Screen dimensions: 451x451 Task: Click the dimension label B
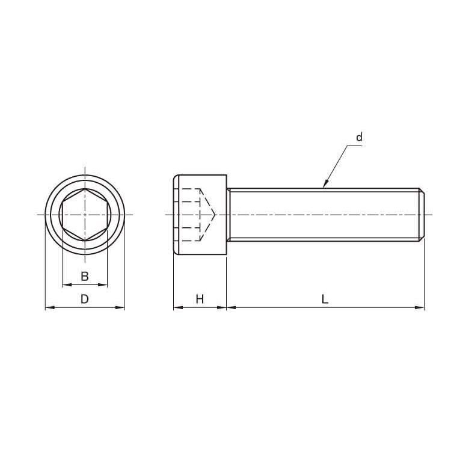point(85,276)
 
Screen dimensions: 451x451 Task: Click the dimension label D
point(84,299)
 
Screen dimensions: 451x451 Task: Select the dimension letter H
point(200,299)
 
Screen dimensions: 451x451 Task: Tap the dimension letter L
point(325,299)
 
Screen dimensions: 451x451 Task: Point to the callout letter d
point(359,137)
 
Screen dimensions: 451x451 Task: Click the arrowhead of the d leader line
point(326,183)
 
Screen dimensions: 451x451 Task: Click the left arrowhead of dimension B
point(67,285)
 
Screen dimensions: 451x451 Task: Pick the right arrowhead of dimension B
point(103,285)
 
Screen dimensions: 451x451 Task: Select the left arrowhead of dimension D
point(50,307)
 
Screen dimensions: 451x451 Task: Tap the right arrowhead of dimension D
point(120,307)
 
